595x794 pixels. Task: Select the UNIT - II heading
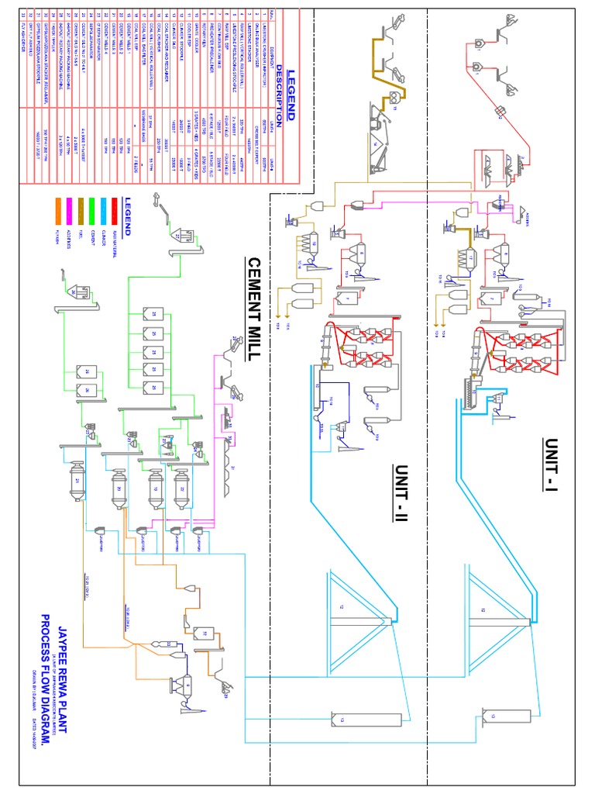401,495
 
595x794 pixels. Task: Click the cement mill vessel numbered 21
77,480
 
